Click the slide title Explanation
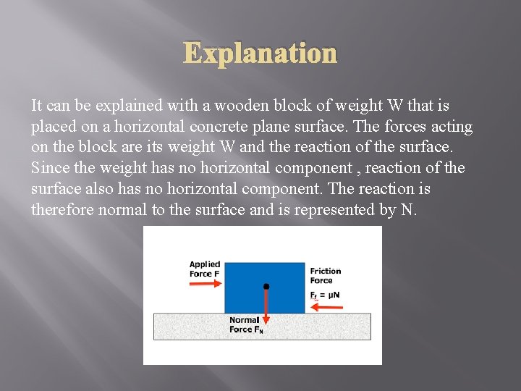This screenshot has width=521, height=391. [260, 53]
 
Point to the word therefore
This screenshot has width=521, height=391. [64, 210]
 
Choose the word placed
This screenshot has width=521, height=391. [52, 127]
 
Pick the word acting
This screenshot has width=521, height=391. [450, 127]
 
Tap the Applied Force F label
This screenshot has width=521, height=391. [205, 269]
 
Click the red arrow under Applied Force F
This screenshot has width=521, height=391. [206, 285]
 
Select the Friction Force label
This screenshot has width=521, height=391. [325, 275]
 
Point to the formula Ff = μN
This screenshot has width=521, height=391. [325, 295]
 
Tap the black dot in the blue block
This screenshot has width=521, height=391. [266, 287]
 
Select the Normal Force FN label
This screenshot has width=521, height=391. [246, 325]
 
